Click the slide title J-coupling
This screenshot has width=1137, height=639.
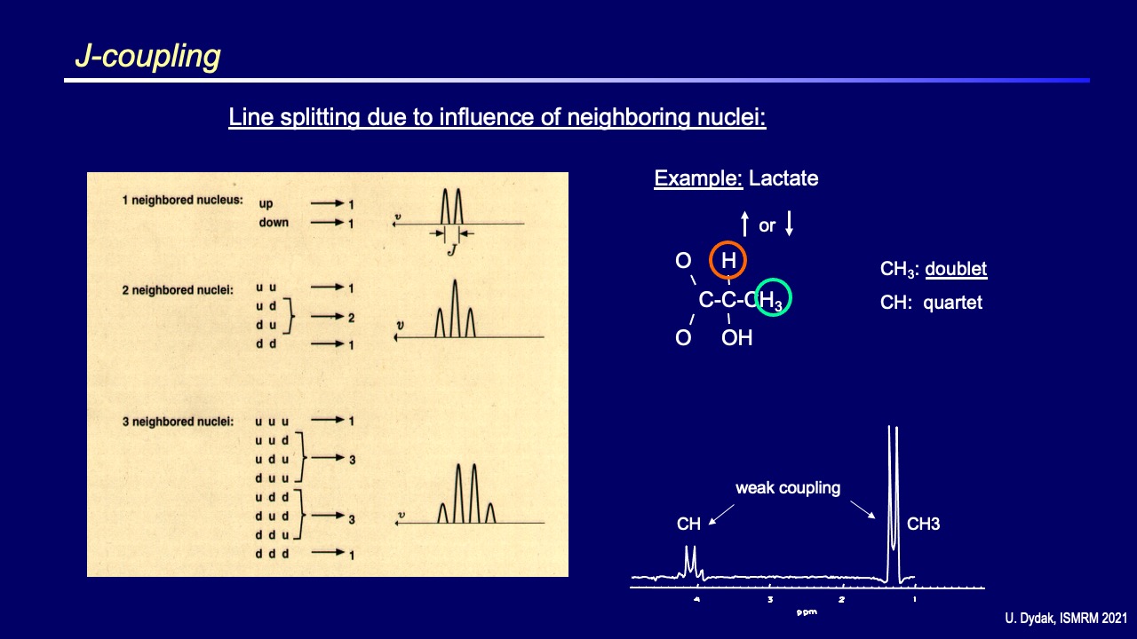pyautogui.click(x=147, y=56)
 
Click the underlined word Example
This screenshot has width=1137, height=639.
pyautogui.click(x=697, y=178)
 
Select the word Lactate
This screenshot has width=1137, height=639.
pyautogui.click(x=783, y=178)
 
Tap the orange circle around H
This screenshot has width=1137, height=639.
pyautogui.click(x=728, y=260)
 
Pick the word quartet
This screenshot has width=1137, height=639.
pyautogui.click(x=952, y=303)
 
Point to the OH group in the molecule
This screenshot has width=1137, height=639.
pyautogui.click(x=736, y=338)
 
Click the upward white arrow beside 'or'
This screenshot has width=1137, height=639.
pyautogui.click(x=744, y=225)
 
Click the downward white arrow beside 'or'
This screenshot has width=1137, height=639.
pyautogui.click(x=789, y=225)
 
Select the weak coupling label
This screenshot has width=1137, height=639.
pyautogui.click(x=787, y=487)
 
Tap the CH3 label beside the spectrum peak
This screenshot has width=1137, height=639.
pyautogui.click(x=923, y=525)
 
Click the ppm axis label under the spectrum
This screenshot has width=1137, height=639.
pyautogui.click(x=806, y=611)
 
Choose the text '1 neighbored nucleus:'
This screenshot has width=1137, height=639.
pyautogui.click(x=182, y=201)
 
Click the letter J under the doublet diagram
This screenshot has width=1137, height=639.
pyautogui.click(x=451, y=249)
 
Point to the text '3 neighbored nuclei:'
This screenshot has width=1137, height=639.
pyautogui.click(x=178, y=422)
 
